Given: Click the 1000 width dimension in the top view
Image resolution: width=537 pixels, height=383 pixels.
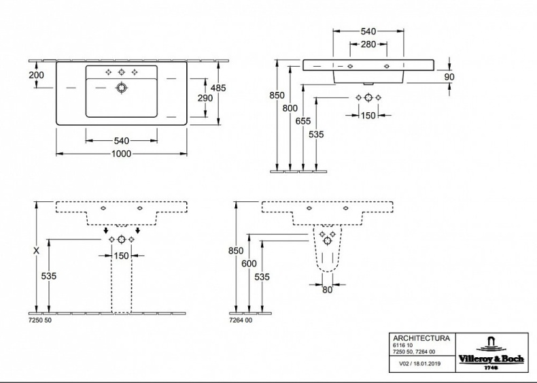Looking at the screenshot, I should [121, 154].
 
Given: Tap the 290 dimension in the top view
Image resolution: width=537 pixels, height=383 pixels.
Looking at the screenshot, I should [205, 99].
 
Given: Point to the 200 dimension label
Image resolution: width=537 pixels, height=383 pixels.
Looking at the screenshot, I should [37, 75].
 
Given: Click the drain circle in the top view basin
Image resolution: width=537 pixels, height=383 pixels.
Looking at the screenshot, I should [122, 88].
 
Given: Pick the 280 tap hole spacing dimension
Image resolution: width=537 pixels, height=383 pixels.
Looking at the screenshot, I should [368, 44].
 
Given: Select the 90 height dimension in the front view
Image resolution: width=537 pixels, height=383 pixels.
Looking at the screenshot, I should [449, 77].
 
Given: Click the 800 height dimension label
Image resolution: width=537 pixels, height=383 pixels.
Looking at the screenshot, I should [291, 107].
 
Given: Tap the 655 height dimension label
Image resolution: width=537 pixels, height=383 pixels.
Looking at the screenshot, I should [304, 120].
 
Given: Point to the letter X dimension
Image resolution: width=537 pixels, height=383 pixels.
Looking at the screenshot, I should [36, 250].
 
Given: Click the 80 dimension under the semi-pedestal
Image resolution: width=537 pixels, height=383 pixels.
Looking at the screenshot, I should [328, 290].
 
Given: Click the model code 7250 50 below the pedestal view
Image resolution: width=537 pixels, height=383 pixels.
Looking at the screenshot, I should [40, 320].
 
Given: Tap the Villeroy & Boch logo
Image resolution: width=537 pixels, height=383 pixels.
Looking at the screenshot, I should [491, 352].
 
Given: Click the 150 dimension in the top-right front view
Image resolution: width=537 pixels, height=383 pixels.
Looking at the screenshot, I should [368, 116].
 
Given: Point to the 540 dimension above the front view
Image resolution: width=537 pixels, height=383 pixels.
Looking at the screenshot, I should [368, 31].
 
